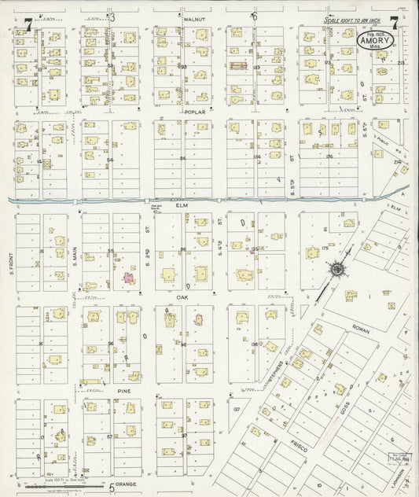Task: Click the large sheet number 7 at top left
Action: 28,24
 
